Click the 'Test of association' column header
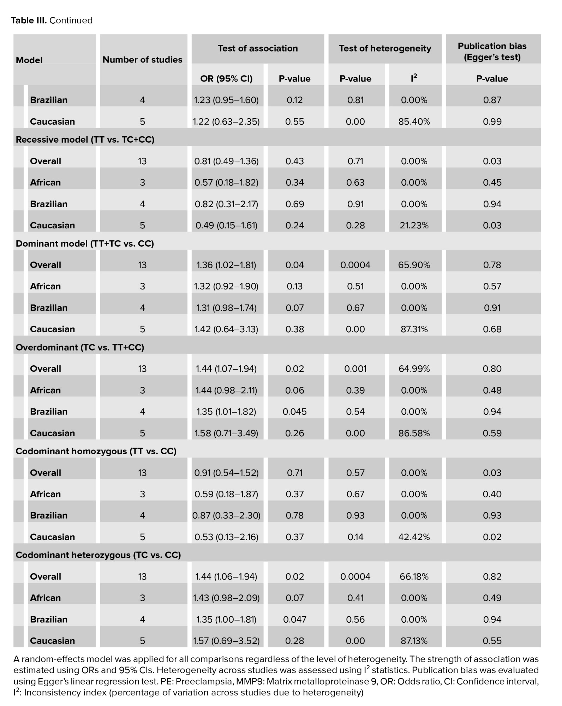click(x=258, y=48)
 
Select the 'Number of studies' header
click(x=142, y=60)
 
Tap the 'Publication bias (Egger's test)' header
click(x=492, y=52)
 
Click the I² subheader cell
click(x=414, y=78)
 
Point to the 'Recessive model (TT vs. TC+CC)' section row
click(x=85, y=139)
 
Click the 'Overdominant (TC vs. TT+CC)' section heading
click(x=80, y=347)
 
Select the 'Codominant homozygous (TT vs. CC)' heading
click(x=96, y=451)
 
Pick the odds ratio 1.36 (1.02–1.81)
click(x=226, y=265)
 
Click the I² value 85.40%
click(x=414, y=121)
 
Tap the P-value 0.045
click(x=294, y=412)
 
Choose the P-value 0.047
click(x=294, y=619)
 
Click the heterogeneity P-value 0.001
click(x=355, y=369)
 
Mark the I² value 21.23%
click(x=414, y=225)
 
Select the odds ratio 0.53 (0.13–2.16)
click(x=226, y=537)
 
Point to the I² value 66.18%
click(x=414, y=576)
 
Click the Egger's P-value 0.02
click(x=492, y=537)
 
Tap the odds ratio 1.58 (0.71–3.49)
click(x=226, y=433)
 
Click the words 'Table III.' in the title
click(x=29, y=20)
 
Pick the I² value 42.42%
click(x=414, y=537)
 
